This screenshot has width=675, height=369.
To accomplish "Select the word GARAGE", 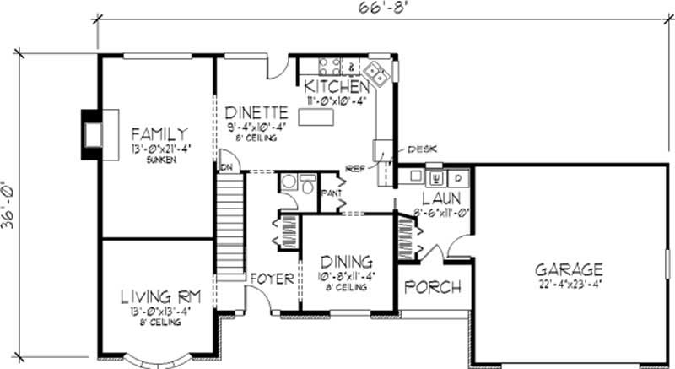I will tap(570, 270).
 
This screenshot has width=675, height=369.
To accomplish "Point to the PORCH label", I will tap(433, 287).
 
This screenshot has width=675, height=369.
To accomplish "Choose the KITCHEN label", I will tap(337, 87).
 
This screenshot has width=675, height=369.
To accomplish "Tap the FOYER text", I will tap(271, 279).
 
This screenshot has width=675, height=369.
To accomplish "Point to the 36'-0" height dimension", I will tap(9, 208).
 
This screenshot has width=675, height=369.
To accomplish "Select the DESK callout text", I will tap(421, 149).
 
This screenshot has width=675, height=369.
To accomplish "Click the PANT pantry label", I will tap(331, 193).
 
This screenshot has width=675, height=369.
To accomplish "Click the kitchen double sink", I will tap(380, 75).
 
